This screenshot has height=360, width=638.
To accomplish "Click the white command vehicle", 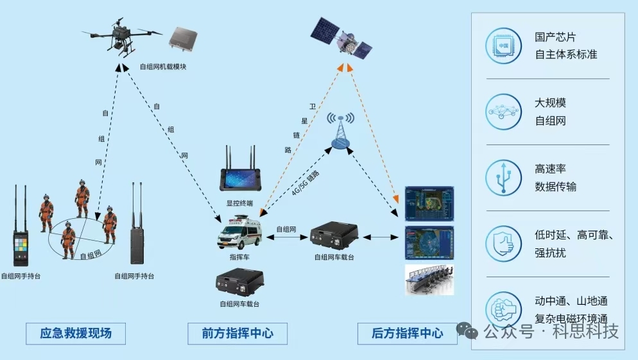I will (x=239, y=233).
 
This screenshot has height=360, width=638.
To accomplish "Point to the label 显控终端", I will (x=239, y=203).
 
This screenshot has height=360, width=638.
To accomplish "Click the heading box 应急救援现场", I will (x=76, y=334).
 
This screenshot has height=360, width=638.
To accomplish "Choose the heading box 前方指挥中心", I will (x=237, y=334).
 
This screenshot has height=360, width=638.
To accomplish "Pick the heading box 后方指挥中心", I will (x=407, y=334).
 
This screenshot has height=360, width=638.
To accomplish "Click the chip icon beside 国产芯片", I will (x=503, y=46).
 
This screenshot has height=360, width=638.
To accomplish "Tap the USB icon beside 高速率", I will (x=503, y=177).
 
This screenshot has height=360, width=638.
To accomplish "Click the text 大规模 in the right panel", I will (x=550, y=103).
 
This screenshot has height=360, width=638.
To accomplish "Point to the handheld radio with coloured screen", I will (x=21, y=237).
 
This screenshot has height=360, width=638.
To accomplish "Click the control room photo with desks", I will (x=429, y=279).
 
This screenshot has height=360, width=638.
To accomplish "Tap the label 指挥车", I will (x=239, y=257).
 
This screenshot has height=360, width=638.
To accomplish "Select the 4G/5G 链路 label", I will (x=305, y=184).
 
